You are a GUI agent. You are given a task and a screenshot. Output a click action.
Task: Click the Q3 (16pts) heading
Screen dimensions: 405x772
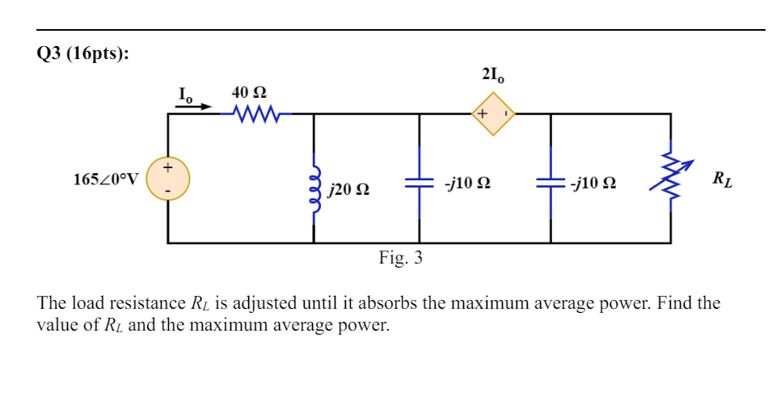(82, 54)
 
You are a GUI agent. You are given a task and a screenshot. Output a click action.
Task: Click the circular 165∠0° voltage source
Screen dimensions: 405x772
(168, 179)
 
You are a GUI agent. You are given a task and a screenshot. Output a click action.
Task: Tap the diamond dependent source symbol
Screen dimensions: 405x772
(493, 114)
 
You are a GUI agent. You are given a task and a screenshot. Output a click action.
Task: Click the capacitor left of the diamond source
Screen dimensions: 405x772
(420, 184)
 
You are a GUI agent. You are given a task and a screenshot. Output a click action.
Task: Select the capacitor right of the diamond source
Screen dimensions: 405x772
(551, 184)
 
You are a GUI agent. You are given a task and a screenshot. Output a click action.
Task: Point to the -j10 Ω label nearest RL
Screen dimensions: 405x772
(593, 184)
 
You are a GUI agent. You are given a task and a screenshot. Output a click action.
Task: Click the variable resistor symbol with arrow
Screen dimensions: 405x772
(669, 178)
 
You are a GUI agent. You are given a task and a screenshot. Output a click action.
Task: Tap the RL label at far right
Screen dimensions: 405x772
(723, 179)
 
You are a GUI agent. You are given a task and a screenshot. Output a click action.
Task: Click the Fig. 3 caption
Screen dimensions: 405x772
(400, 258)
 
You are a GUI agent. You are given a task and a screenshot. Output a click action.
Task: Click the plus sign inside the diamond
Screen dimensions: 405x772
(482, 114)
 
